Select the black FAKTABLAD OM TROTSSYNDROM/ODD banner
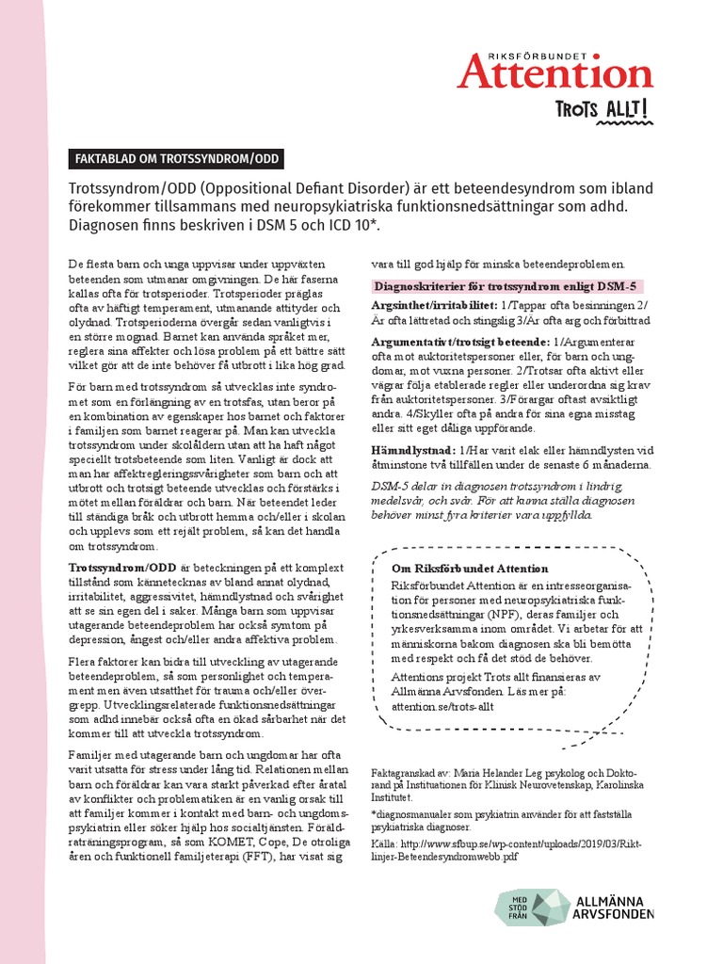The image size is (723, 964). pos(177,159)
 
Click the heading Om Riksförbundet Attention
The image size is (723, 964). pos(469,568)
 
